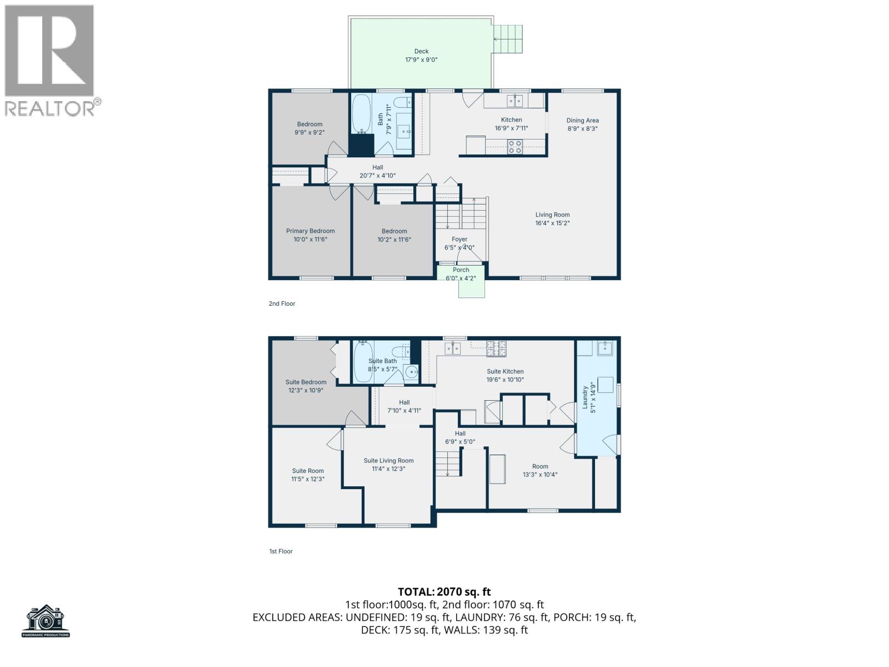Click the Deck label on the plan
pyautogui.click(x=421, y=51)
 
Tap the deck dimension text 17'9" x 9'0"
pyautogui.click(x=421, y=59)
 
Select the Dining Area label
pyautogui.click(x=582, y=120)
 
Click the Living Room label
pyautogui.click(x=552, y=215)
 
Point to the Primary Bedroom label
pyautogui.click(x=310, y=231)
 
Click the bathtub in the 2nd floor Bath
pyautogui.click(x=361, y=114)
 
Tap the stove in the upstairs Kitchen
pyautogui.click(x=515, y=146)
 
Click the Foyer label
pyautogui.click(x=459, y=240)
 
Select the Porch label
pyautogui.click(x=461, y=270)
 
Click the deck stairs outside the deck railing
pyautogui.click(x=509, y=39)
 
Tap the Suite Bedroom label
pyautogui.click(x=306, y=382)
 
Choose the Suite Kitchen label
pyautogui.click(x=505, y=372)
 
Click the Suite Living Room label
pyautogui.click(x=388, y=461)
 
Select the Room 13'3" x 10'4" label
pyautogui.click(x=540, y=467)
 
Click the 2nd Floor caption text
pyautogui.click(x=282, y=303)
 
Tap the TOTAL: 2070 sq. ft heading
pyautogui.click(x=444, y=592)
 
